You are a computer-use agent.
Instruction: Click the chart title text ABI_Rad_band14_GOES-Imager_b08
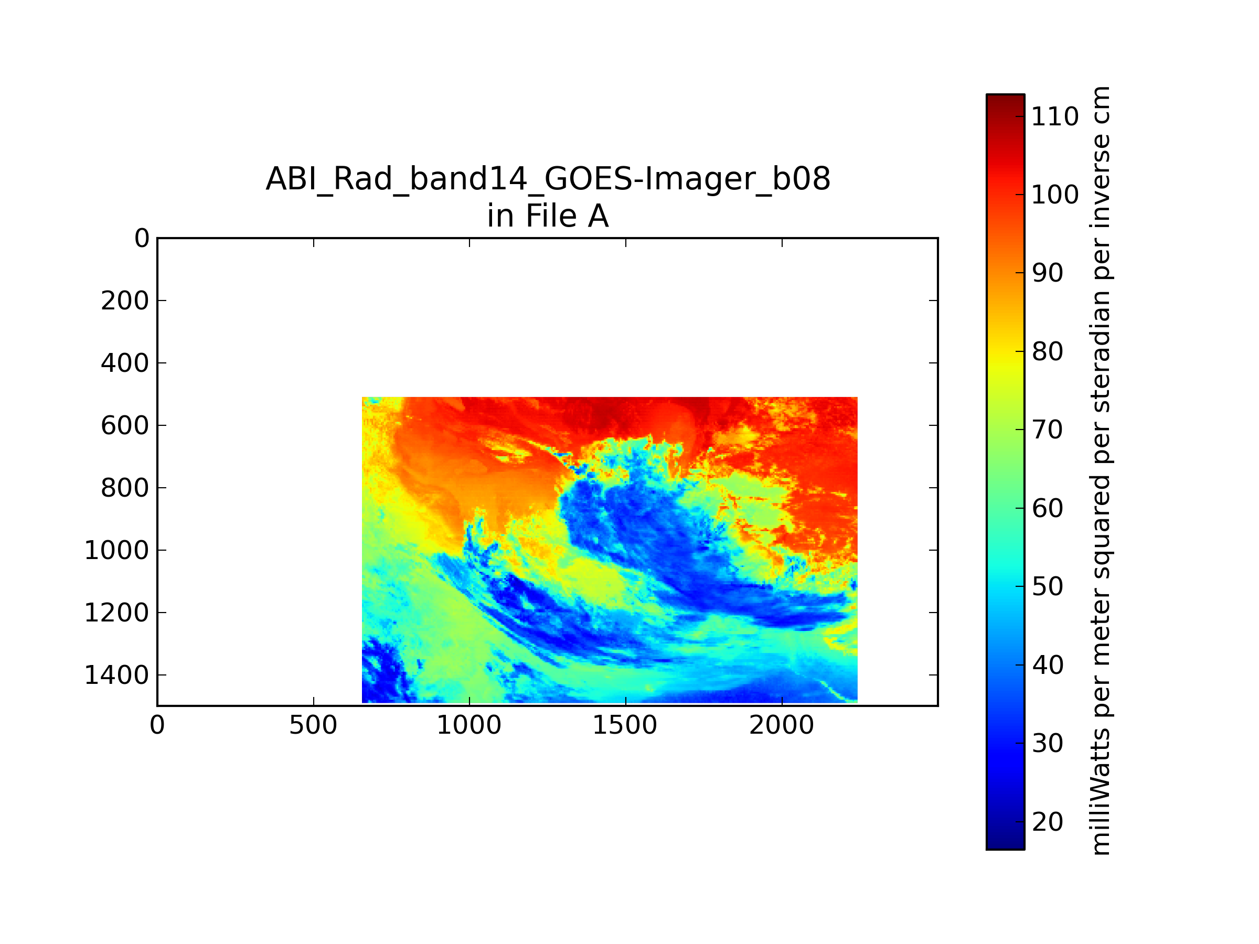[548, 179]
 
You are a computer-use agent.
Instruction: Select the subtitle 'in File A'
[548, 216]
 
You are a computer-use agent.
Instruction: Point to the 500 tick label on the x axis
[313, 725]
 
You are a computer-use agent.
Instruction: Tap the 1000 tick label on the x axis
[469, 725]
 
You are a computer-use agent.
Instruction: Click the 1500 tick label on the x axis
[625, 725]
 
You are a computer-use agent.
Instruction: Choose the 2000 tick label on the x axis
[782, 725]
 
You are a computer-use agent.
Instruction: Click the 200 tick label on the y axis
[125, 301]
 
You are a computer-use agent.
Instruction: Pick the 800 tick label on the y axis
[125, 488]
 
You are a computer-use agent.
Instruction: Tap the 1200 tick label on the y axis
[116, 613]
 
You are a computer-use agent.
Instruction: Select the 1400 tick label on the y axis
[116, 675]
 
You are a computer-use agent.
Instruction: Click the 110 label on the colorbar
[1054, 116]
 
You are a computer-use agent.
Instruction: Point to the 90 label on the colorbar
[1047, 273]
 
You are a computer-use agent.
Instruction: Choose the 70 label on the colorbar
[1047, 430]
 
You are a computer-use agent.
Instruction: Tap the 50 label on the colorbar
[1047, 587]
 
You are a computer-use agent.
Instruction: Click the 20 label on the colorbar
[1047, 822]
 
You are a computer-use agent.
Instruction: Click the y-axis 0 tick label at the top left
[142, 239]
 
